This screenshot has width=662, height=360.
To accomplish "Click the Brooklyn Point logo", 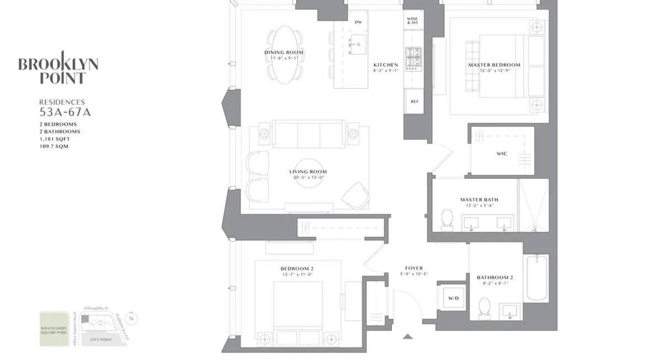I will point(58,67).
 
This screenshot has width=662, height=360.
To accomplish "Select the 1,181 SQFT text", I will point(54,139).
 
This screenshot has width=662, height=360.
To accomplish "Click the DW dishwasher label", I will point(358,22).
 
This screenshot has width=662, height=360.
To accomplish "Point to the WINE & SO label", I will point(412,22).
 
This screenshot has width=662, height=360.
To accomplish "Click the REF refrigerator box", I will point(414,102).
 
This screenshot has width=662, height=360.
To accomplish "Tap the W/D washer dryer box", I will point(453,298).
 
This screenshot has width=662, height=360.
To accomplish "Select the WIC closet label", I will point(501,153).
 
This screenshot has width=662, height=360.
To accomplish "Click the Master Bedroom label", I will point(494,65).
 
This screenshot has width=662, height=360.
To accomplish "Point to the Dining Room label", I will point(284,53).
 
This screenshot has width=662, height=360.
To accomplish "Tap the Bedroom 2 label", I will point(297,268).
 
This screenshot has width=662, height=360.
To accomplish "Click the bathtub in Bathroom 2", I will point(537,278).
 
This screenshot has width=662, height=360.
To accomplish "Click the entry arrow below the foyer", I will point(408,336).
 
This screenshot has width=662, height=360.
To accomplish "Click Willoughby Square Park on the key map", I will point(54,329).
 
